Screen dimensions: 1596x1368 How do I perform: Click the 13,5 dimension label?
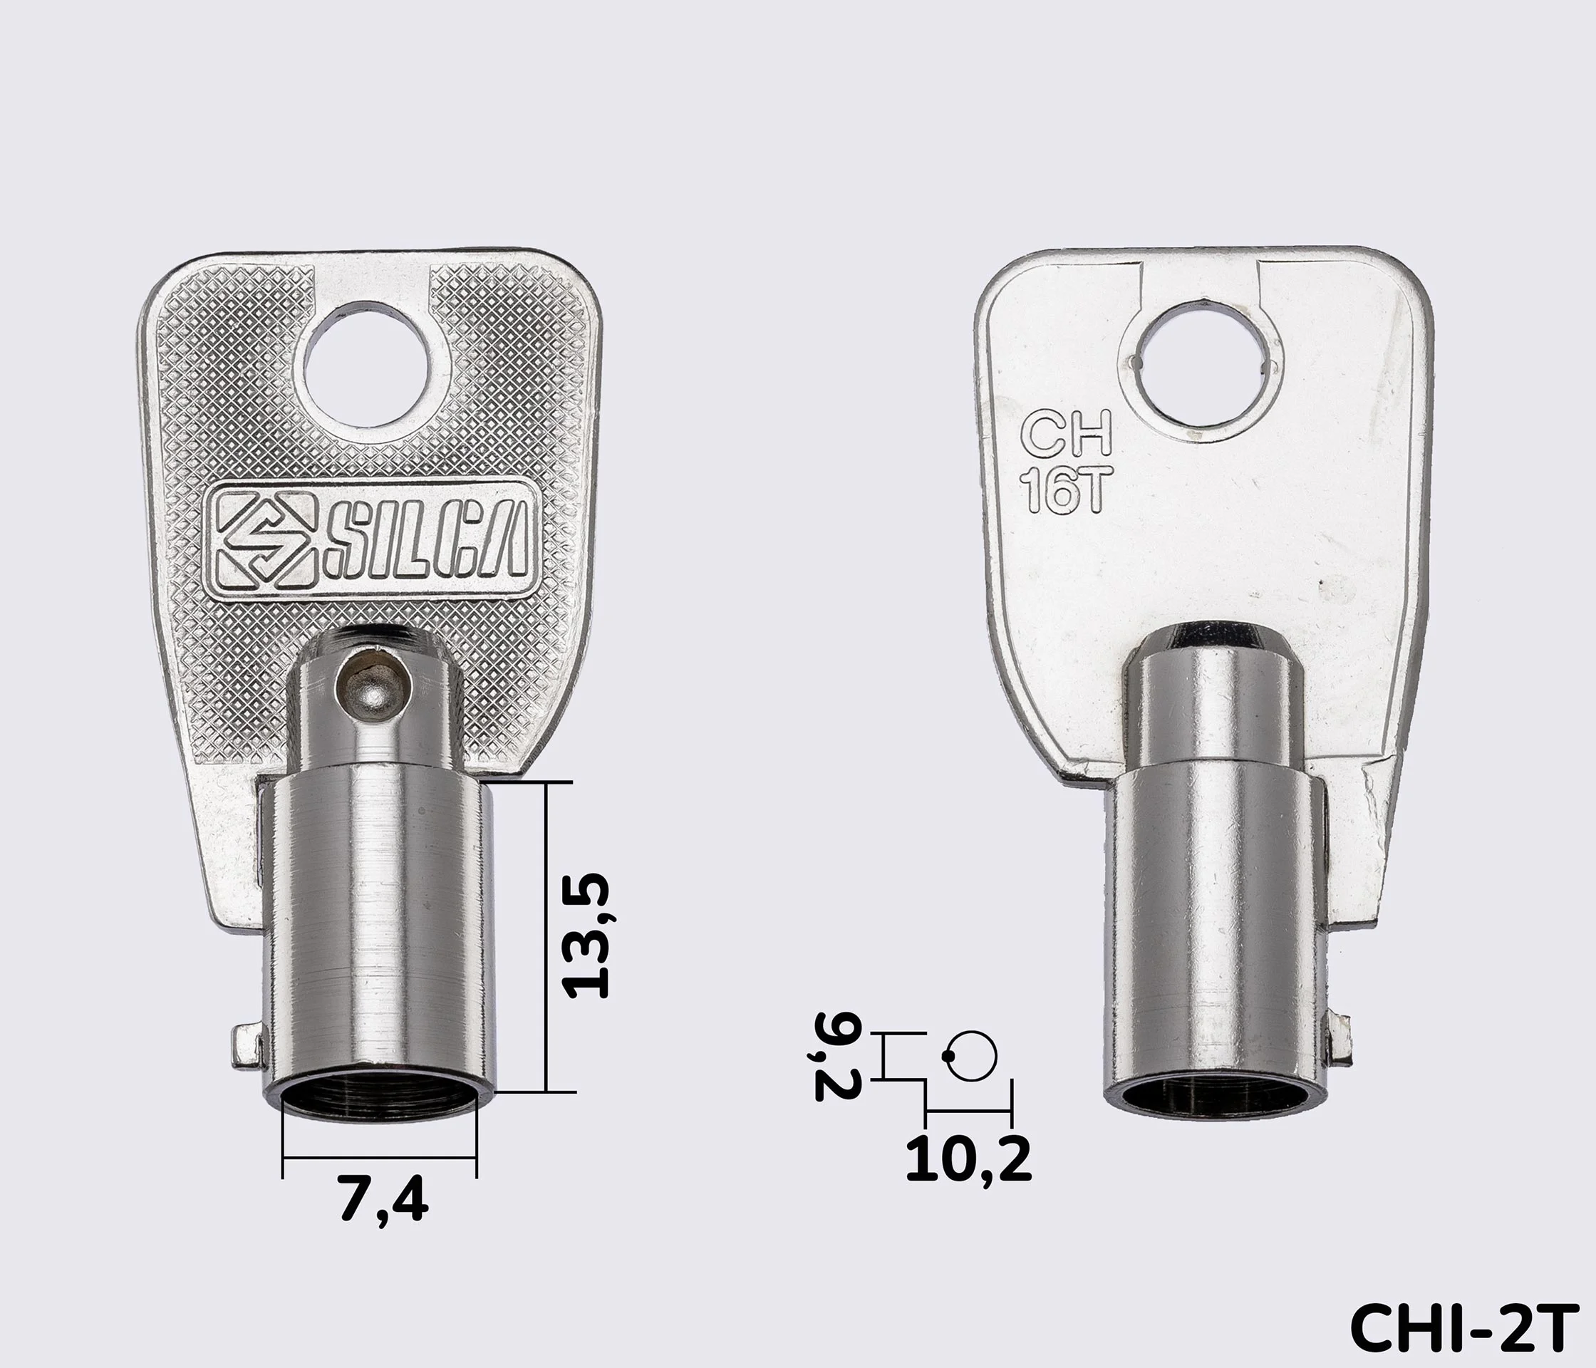[588, 936]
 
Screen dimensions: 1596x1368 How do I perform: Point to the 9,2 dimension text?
[834, 1057]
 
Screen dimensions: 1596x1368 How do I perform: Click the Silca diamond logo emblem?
[264, 540]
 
